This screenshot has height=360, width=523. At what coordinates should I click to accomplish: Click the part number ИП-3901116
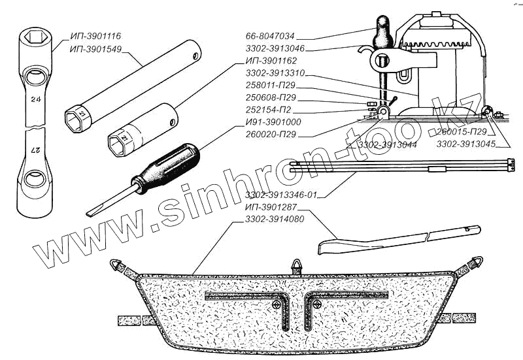[x=96, y=36]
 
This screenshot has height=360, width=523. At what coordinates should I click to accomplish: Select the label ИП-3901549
[x=96, y=48]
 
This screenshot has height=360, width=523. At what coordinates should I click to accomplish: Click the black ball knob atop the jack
[x=381, y=28]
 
